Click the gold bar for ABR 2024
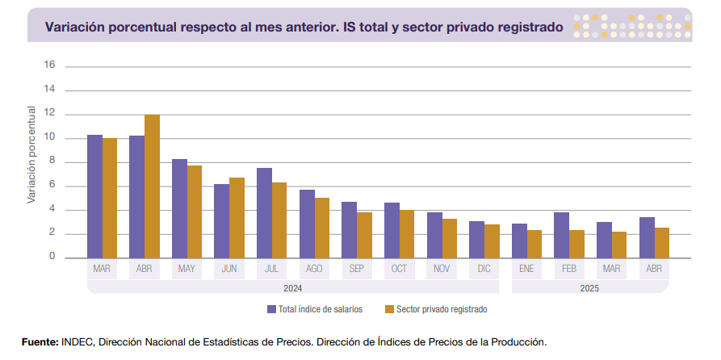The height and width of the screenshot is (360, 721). [x=152, y=186]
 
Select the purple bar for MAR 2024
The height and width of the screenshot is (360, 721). [x=94, y=196]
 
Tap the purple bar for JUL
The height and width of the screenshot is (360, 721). [x=264, y=213]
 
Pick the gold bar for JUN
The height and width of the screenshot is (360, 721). [x=237, y=218]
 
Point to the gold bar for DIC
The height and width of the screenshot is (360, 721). [x=491, y=241]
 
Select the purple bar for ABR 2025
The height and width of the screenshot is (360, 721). [x=647, y=237]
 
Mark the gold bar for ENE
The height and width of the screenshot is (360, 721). [x=534, y=244]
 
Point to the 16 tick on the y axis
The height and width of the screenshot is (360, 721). [x=49, y=65]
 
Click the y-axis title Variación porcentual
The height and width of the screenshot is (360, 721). [x=31, y=153]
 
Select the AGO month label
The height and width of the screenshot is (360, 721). [x=314, y=268]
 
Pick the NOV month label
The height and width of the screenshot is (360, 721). [x=442, y=268]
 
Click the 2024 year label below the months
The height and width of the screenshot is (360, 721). [x=292, y=287]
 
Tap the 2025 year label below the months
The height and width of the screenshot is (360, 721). [x=590, y=287]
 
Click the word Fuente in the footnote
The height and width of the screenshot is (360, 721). [x=40, y=342]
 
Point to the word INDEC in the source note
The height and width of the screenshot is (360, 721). [x=77, y=342]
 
